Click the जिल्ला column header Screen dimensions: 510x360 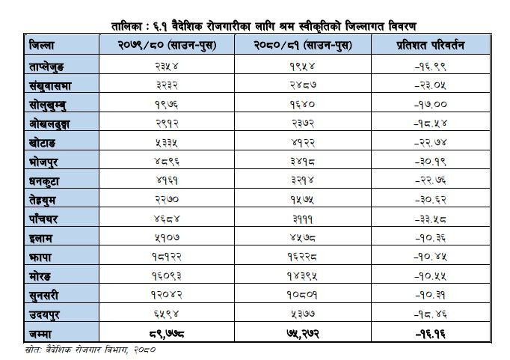tap(41, 45)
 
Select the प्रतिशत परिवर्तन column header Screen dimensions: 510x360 tap(431, 45)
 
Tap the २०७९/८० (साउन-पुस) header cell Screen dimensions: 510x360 tap(167, 45)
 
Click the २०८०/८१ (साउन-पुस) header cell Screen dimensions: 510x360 tap(303, 45)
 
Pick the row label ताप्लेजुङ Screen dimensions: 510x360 tap(46, 67)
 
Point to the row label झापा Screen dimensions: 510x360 tap(40, 257)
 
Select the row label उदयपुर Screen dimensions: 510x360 tap(44, 315)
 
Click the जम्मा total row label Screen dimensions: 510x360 tap(40, 334)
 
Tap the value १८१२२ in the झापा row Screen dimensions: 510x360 tap(167, 257)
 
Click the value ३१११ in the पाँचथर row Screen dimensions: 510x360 tap(303, 219)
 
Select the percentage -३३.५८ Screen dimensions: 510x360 tap(431, 219)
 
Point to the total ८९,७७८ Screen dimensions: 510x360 tap(167, 334)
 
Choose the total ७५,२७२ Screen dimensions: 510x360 tap(303, 334)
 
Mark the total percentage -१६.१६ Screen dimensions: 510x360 tap(431, 334)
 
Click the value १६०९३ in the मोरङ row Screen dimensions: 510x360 tap(167, 276)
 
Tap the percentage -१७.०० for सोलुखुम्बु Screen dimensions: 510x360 tap(431, 105)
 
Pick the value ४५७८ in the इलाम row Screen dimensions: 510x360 tap(303, 238)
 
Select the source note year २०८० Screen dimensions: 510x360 tap(145, 350)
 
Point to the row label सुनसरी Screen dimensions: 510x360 tap(44, 296)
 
